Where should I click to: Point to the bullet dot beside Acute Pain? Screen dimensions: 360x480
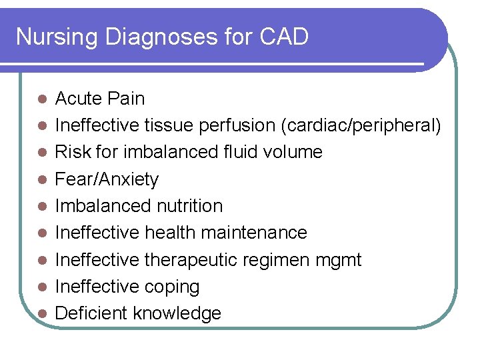[41, 99]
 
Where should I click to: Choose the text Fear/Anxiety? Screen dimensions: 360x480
[107, 179]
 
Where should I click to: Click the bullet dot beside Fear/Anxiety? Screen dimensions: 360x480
[41, 179]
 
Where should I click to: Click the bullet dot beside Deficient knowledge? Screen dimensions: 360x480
[41, 313]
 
